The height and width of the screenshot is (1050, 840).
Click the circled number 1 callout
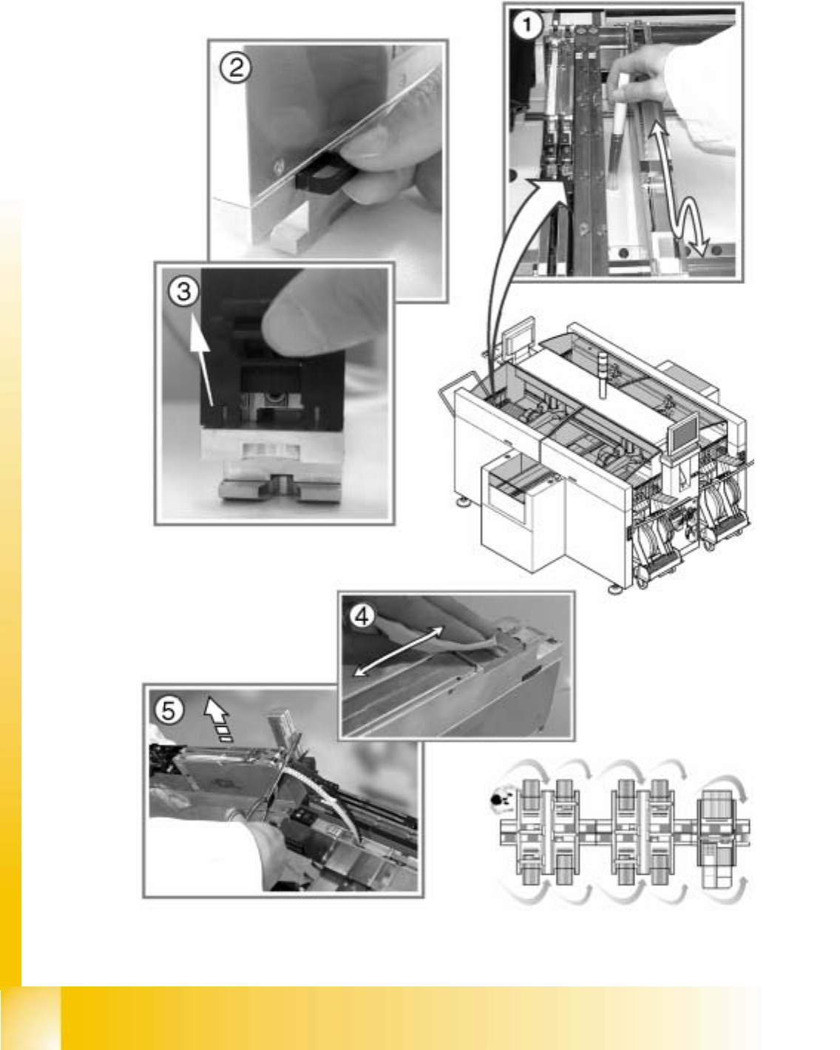[x=526, y=25]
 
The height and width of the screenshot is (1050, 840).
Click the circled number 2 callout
[x=236, y=68]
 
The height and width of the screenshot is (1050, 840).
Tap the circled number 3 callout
[x=183, y=292]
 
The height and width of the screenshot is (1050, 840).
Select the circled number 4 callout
[x=362, y=616]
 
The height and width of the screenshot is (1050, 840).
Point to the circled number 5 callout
[x=169, y=711]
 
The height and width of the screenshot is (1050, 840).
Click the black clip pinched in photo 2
[x=320, y=172]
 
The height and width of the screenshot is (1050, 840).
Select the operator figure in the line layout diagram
[x=502, y=799]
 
